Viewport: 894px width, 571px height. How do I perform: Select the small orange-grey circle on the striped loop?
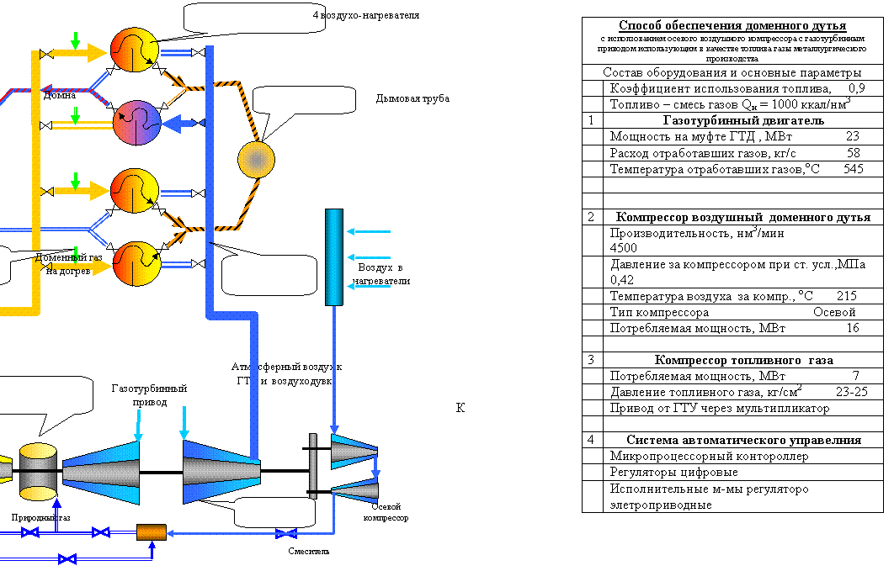click(x=257, y=160)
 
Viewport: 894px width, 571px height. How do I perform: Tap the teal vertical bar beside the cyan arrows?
click(x=333, y=256)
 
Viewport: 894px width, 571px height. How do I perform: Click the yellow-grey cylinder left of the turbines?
click(x=38, y=471)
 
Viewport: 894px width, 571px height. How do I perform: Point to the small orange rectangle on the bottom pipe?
click(x=152, y=532)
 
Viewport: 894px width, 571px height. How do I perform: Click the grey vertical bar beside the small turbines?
click(x=313, y=466)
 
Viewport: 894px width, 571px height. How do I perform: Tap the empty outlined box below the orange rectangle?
click(x=204, y=554)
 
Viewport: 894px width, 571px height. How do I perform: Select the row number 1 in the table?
click(x=592, y=120)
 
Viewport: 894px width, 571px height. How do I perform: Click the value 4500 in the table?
click(x=624, y=248)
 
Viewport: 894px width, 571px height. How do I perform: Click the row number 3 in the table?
click(x=592, y=359)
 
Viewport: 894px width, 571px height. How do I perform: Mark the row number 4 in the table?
click(x=592, y=440)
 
